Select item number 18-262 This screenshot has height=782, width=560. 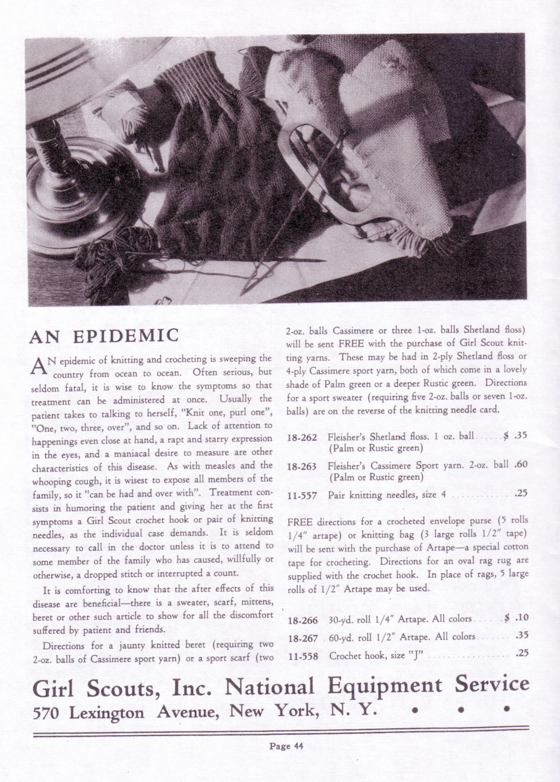tap(302, 437)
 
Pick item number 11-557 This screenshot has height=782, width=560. tap(302, 495)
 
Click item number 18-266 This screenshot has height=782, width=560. tap(303, 620)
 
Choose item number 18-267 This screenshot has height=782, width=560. tap(303, 637)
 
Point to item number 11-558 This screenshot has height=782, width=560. tap(303, 655)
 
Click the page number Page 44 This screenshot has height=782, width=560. tap(286, 745)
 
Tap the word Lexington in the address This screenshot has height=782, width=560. tap(107, 712)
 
